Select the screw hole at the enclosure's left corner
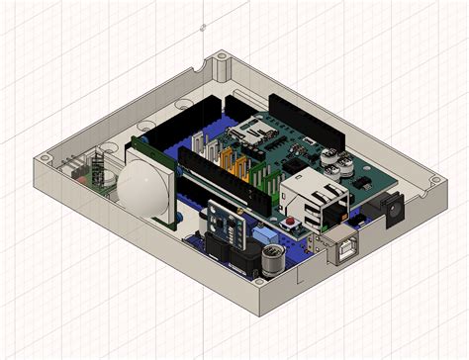[45, 158]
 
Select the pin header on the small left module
[72, 166]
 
